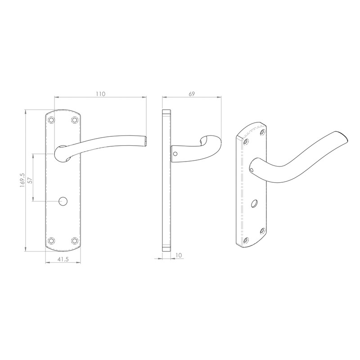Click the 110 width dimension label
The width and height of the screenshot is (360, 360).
pos(100,94)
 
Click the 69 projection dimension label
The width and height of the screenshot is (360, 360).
pos(191,94)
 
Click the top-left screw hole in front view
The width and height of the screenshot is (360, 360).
pos(52,120)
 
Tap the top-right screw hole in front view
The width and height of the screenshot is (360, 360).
pos(74,120)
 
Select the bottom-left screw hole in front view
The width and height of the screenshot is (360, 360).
pos(52,240)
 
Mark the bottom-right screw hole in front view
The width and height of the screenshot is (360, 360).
pos(74,240)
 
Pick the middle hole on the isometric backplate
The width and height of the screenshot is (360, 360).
pos(255,204)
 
